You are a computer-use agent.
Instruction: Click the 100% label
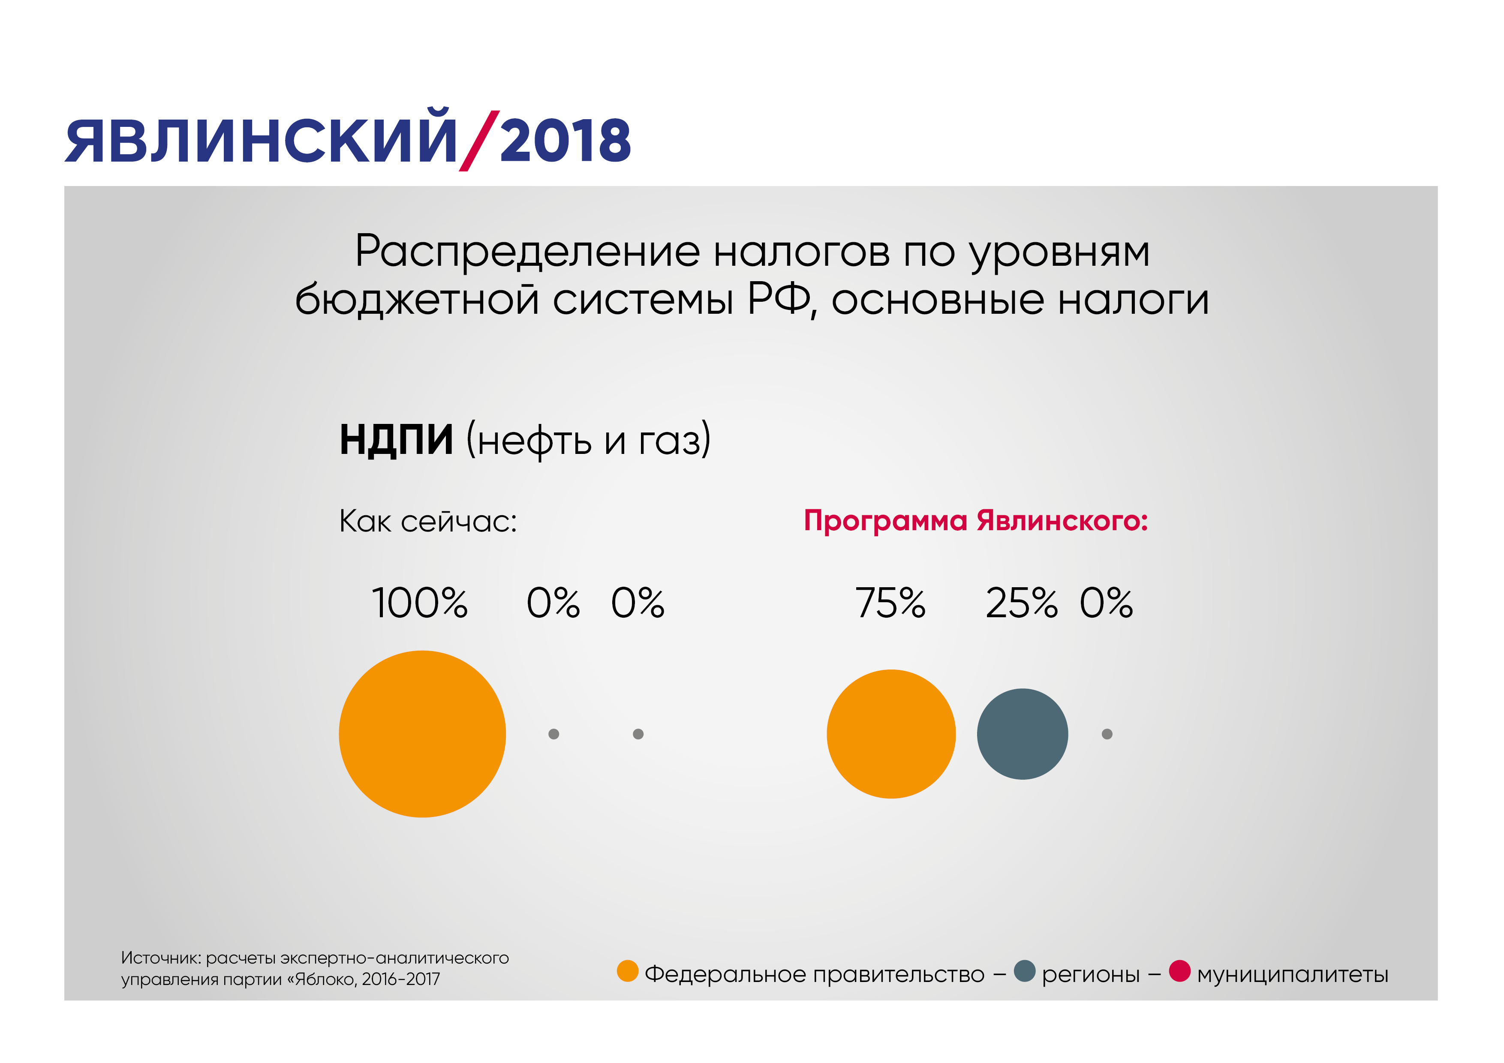pos(420,603)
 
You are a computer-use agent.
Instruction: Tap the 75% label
pos(890,603)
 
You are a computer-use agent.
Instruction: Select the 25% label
pos(1021,603)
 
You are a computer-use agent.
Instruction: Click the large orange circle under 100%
pos(422,733)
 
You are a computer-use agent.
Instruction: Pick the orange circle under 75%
pos(891,733)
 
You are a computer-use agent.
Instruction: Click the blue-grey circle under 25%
pos(1023,733)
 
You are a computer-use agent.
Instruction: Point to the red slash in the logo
pos(479,141)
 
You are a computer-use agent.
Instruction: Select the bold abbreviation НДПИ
pos(396,439)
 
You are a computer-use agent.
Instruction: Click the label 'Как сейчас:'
pos(428,521)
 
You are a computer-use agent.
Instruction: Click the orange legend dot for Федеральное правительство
pos(628,971)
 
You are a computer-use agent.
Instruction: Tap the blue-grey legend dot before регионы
pos(1025,971)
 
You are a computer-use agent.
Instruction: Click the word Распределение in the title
pos(528,252)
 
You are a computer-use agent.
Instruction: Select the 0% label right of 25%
pos(1107,603)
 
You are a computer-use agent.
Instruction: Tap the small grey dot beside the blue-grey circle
pos(1107,733)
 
